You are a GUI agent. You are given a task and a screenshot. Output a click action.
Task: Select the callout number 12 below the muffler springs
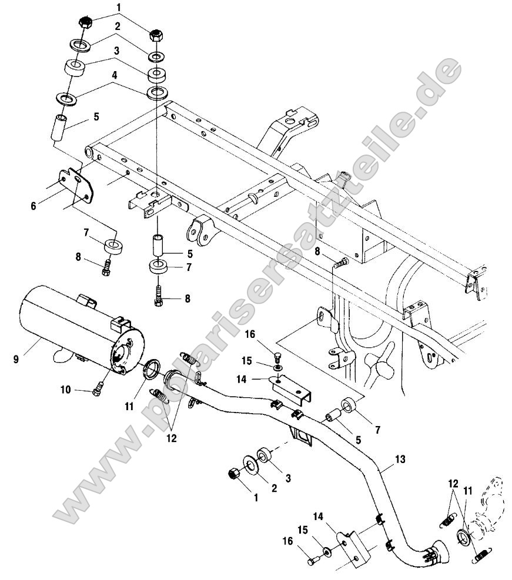[x=171, y=438]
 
